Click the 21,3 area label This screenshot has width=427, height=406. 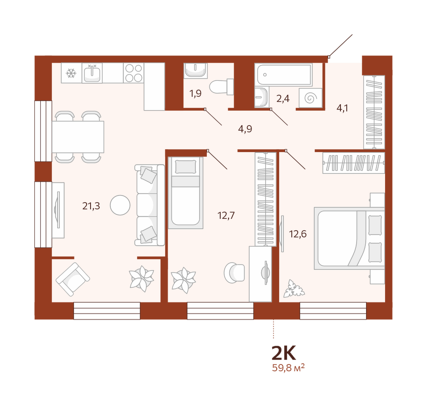[x=91, y=206]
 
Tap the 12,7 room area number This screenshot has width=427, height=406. [x=226, y=215]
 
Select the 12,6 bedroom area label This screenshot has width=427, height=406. [x=298, y=234]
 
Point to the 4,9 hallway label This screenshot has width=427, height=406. [x=245, y=129]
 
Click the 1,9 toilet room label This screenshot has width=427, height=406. [x=195, y=93]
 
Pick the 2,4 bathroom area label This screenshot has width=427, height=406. [x=283, y=98]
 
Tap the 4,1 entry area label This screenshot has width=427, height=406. [x=342, y=108]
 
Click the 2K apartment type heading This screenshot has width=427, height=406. [x=284, y=353]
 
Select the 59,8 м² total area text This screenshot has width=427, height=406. [x=288, y=368]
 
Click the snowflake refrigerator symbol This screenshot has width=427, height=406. [x=71, y=73]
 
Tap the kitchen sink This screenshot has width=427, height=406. [x=92, y=73]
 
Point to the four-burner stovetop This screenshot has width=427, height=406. [x=134, y=73]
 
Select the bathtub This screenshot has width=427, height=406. [x=283, y=75]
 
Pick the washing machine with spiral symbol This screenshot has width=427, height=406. [x=310, y=98]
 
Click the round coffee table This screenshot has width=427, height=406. [x=120, y=205]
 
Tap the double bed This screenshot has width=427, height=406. [x=350, y=238]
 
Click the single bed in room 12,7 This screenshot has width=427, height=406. [x=185, y=192]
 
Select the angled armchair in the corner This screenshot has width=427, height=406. [x=73, y=279]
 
